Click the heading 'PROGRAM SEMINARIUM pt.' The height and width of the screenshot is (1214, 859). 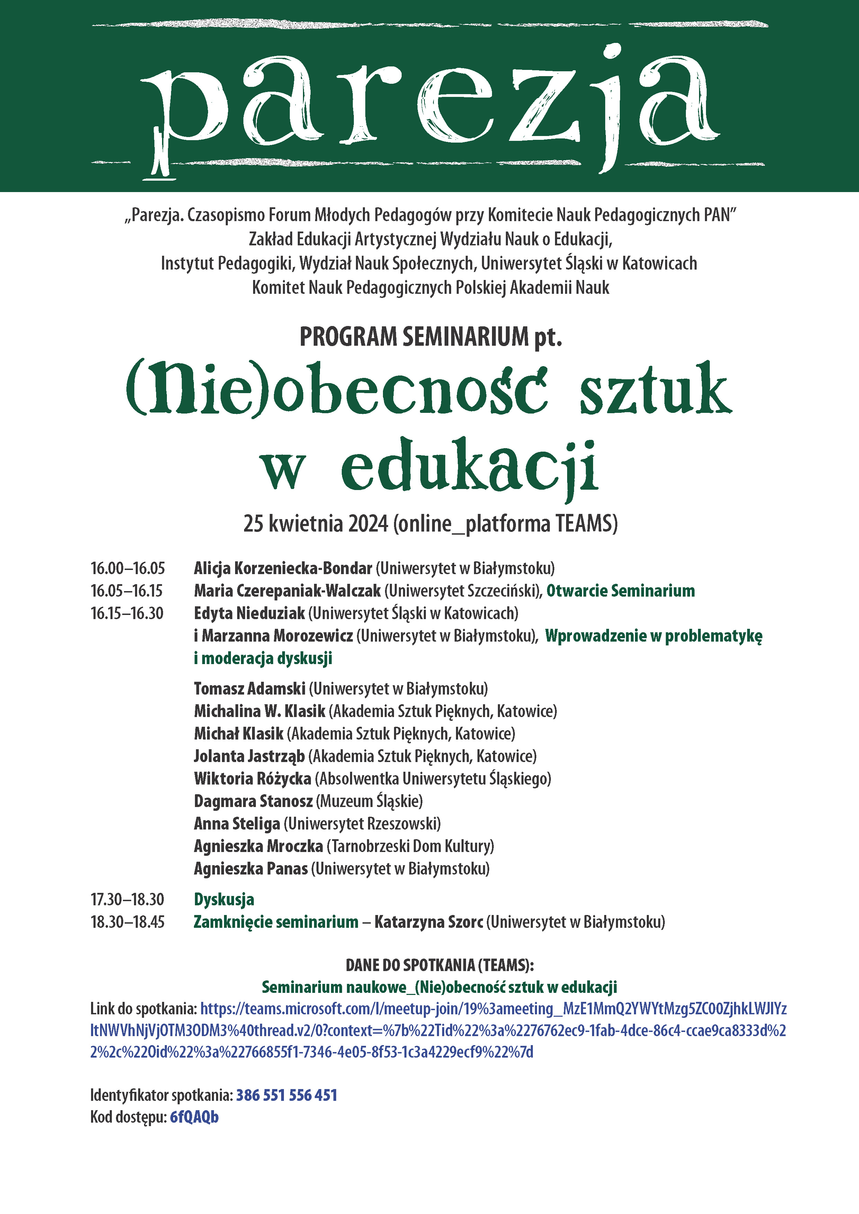[431, 337]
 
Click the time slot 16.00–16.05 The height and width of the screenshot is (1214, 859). [127, 568]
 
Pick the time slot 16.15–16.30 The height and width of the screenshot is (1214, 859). [127, 613]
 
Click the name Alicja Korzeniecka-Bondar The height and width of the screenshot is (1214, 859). [283, 568]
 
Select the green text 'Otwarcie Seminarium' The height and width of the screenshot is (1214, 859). [620, 591]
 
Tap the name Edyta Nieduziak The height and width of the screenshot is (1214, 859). [249, 613]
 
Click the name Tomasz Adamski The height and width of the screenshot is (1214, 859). [249, 688]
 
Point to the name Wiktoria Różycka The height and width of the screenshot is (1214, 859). [252, 778]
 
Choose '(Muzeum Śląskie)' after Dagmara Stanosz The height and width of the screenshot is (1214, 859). [369, 801]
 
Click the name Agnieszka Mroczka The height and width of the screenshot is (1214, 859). [258, 846]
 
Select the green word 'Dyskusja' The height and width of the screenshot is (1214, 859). [224, 899]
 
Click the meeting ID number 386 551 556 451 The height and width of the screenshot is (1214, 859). [286, 1095]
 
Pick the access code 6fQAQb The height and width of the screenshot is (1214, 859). [194, 1117]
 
